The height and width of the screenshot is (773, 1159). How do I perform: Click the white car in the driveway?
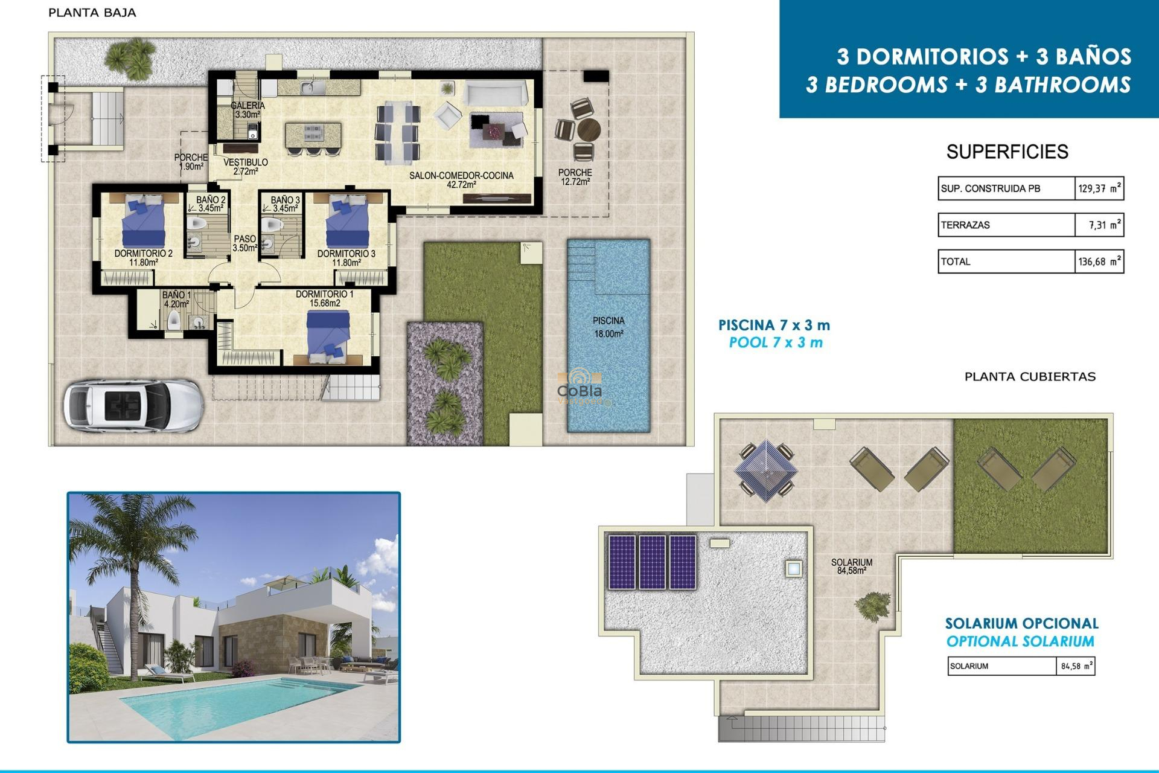(133, 405)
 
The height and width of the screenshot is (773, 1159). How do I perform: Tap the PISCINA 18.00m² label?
(608, 327)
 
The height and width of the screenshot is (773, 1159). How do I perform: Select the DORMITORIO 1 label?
(325, 298)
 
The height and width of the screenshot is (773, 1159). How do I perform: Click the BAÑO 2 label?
(211, 204)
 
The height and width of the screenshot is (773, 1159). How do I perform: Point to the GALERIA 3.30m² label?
(247, 109)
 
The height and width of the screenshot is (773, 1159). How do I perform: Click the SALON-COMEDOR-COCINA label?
(461, 179)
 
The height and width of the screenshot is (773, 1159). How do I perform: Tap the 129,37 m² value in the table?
(1099, 188)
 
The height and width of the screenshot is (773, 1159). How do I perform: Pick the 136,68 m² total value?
(1099, 261)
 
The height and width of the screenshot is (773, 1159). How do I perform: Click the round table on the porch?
(588, 129)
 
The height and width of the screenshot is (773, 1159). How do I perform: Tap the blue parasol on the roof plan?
(765, 470)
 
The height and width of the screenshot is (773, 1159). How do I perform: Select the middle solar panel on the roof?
(652, 562)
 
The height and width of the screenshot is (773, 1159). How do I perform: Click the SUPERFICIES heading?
(1007, 152)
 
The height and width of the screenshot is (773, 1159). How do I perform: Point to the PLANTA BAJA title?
(92, 13)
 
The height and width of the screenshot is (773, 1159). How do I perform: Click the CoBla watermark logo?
(579, 386)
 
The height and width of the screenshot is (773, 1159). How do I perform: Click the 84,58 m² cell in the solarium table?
(1075, 666)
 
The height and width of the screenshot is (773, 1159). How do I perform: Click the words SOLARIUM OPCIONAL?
(1021, 623)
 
